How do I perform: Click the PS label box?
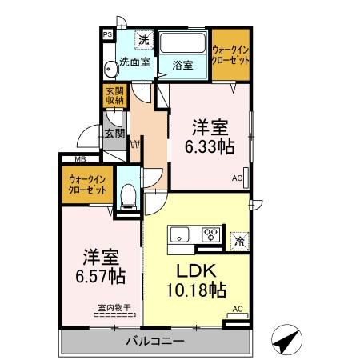pyautogui.click(x=106, y=34)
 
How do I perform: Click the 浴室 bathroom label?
pyautogui.click(x=182, y=65)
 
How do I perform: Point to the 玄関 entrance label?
pyautogui.click(x=113, y=133)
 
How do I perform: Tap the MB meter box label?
pyautogui.click(x=80, y=159)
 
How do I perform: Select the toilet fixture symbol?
pyautogui.click(x=127, y=194)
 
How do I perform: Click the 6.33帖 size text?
pyautogui.click(x=210, y=147)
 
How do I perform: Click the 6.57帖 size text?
pyautogui.click(x=100, y=277)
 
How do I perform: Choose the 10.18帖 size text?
pyautogui.click(x=194, y=289)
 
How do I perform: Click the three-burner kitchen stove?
pyautogui.click(x=212, y=235)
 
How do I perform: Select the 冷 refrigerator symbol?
pyautogui.click(x=238, y=238)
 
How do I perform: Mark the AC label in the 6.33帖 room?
pyautogui.click(x=238, y=178)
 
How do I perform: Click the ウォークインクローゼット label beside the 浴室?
pyautogui.click(x=230, y=55)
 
